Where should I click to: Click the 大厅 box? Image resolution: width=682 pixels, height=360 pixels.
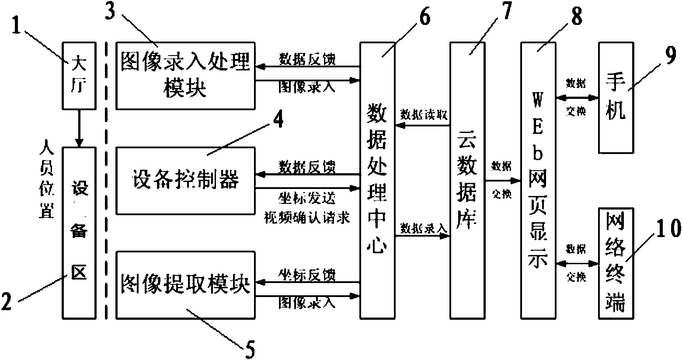(79, 75)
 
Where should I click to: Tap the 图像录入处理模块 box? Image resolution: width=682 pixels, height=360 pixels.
(185, 76)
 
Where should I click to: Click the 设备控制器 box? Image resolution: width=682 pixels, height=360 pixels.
(185, 181)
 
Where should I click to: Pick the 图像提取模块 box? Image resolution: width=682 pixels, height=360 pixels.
(185, 284)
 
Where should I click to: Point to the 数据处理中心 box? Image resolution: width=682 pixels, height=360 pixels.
(377, 180)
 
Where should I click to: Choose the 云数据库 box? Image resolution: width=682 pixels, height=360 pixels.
(468, 180)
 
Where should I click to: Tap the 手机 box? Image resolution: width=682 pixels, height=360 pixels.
(616, 97)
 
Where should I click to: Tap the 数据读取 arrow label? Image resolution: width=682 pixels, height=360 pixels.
(424, 115)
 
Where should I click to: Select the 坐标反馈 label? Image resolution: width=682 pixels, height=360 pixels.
(307, 274)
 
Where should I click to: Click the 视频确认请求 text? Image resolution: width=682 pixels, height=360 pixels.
(307, 217)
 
